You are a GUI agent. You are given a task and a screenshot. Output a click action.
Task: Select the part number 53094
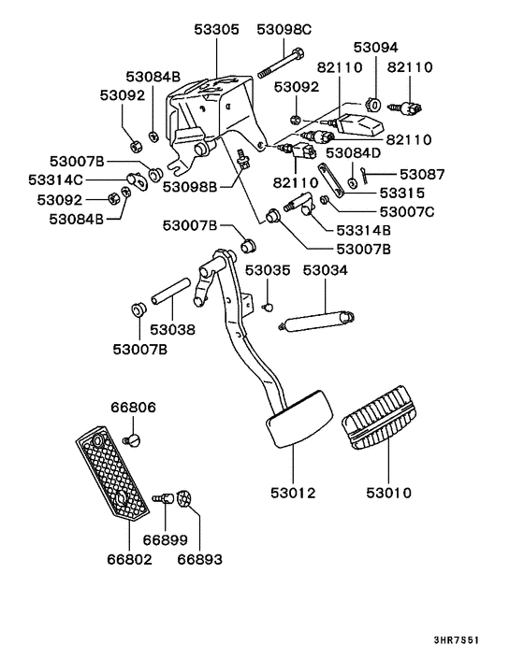(375, 46)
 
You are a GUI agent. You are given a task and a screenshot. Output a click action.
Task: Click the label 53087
(422, 174)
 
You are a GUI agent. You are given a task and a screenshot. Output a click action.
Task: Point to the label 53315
(408, 193)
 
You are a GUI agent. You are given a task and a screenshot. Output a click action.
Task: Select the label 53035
(269, 270)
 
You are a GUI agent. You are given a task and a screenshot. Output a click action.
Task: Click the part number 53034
(325, 270)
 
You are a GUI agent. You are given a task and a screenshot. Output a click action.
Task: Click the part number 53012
(292, 492)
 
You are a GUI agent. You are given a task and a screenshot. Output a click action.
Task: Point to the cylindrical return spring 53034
(318, 322)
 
